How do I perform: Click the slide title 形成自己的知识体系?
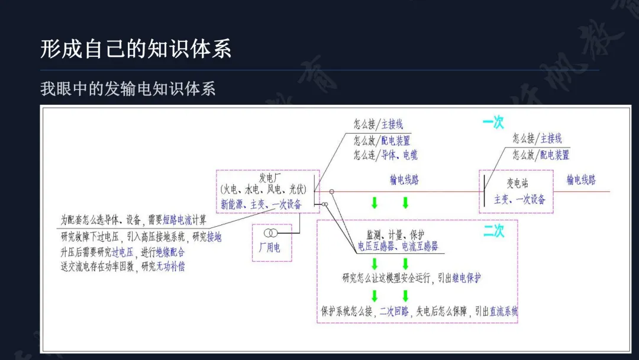tap(135, 49)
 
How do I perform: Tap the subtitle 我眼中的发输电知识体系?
tap(128, 89)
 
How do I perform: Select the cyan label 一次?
tap(493, 123)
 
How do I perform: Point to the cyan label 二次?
tap(493, 231)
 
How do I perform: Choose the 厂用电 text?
tap(270, 247)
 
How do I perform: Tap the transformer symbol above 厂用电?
tap(270, 233)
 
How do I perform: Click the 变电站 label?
tap(517, 183)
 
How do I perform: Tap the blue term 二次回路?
tap(394, 311)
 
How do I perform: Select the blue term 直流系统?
tap(504, 311)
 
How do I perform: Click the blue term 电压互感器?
tap(376, 246)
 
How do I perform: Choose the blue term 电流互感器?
tap(420, 246)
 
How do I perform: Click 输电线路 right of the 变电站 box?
tap(581, 180)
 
